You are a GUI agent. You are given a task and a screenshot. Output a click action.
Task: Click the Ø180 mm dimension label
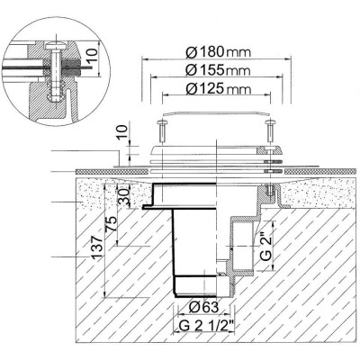(x=218, y=52)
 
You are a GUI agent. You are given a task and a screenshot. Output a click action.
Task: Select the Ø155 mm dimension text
(x=218, y=70)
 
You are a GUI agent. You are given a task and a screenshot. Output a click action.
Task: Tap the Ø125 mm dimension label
(x=218, y=88)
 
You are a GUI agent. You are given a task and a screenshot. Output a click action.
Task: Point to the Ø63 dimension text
(x=203, y=307)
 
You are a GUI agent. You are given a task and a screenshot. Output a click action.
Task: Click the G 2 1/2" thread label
(x=206, y=326)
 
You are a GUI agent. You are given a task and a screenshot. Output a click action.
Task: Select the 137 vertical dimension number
(x=96, y=247)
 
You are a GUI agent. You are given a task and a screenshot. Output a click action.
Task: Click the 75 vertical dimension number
(x=111, y=223)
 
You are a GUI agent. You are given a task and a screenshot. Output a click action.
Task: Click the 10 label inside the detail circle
(x=93, y=56)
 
